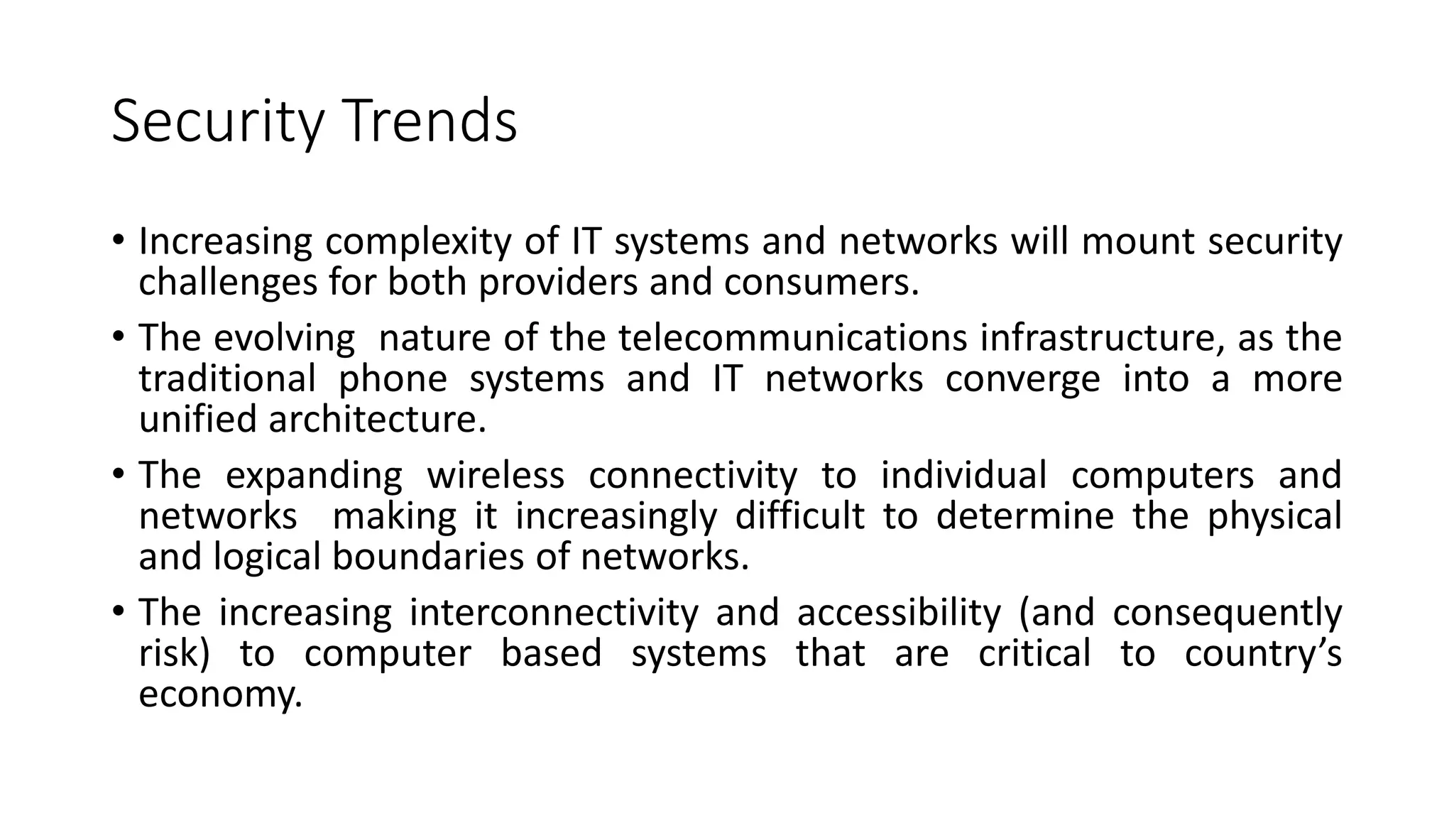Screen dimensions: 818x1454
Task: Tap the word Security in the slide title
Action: pos(217,122)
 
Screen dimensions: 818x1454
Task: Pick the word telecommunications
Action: pos(792,338)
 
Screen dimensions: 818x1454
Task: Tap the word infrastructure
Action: pos(1103,338)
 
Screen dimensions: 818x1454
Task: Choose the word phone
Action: pos(393,378)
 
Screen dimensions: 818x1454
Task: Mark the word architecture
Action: pos(377,420)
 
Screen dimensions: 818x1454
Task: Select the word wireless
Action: pos(495,475)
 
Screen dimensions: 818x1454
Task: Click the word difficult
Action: pos(799,516)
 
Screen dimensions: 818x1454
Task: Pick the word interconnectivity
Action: pos(554,613)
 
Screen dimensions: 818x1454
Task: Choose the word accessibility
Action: pos(899,613)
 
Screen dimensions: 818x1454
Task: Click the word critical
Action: pos(1034,653)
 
